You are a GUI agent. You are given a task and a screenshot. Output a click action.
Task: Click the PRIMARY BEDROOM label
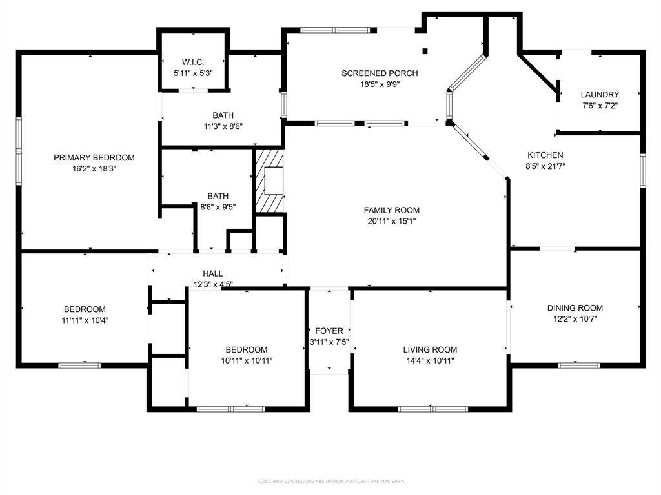(94, 158)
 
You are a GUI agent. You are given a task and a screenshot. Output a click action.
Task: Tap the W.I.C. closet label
(193, 63)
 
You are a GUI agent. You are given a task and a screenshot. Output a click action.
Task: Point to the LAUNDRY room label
(599, 95)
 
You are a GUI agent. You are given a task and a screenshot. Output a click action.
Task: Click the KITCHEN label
(545, 155)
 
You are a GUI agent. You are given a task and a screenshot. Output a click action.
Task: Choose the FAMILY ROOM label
(391, 210)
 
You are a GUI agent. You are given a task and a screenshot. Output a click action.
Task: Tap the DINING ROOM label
(575, 308)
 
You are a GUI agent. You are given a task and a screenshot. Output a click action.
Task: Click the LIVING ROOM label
(430, 350)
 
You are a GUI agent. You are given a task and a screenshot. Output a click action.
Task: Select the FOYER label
(329, 331)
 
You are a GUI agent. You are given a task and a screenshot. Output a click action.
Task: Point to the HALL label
(212, 274)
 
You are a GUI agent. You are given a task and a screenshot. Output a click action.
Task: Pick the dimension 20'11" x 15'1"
(391, 221)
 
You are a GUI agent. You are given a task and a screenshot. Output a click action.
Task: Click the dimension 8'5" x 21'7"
(545, 166)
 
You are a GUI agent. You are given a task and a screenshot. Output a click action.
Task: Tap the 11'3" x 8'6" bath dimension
(223, 126)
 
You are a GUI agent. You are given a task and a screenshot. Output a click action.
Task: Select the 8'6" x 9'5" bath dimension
(218, 207)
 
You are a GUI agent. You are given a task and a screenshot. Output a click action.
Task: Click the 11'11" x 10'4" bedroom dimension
(85, 320)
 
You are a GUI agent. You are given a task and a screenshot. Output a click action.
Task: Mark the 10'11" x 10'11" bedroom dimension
(247, 361)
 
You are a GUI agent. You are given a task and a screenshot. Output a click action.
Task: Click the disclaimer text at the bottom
(330, 481)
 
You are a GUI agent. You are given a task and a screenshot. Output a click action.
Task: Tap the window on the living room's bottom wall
(433, 409)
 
